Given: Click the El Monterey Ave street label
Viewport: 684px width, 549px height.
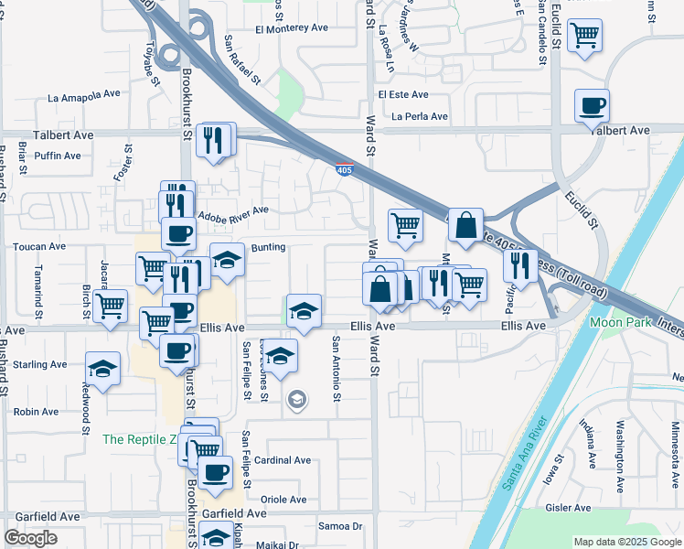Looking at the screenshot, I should pyautogui.click(x=292, y=28).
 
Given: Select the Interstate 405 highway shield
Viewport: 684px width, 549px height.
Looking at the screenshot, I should pyautogui.click(x=344, y=170).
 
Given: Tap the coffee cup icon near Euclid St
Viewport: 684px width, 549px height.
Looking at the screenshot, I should pyautogui.click(x=592, y=105).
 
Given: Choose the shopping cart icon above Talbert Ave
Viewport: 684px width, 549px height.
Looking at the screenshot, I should pyautogui.click(x=584, y=37).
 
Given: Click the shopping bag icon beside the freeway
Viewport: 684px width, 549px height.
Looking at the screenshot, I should pyautogui.click(x=465, y=224).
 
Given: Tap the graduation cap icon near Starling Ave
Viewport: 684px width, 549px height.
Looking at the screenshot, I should pyautogui.click(x=103, y=369).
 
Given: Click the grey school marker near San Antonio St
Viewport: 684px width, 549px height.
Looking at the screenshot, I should pyautogui.click(x=295, y=399).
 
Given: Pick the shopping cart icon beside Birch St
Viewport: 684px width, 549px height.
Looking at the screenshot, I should pyautogui.click(x=111, y=305).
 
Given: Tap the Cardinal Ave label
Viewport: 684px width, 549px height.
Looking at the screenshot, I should pyautogui.click(x=283, y=460).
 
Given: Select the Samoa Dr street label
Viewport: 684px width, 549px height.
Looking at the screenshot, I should pyautogui.click(x=340, y=526).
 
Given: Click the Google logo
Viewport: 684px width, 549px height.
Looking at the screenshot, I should pyautogui.click(x=30, y=538).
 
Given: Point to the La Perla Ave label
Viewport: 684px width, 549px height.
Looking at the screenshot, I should pyautogui.click(x=420, y=117).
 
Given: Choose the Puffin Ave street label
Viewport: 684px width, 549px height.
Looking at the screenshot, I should pyautogui.click(x=59, y=156).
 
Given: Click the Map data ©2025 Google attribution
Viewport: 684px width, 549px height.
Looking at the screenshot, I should pyautogui.click(x=626, y=542).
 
